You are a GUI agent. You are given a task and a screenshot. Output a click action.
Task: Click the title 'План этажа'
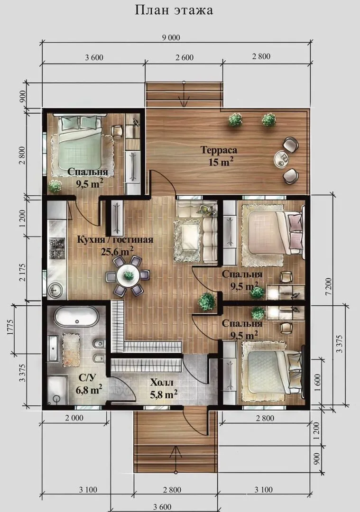[x=174, y=10]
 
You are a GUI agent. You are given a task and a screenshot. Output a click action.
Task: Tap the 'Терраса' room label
[x=219, y=150]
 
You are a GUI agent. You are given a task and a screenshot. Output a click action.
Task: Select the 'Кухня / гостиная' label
[x=115, y=240]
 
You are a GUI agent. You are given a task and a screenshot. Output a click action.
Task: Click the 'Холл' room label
[x=162, y=383]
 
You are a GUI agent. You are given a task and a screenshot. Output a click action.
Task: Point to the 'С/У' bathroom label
[x=88, y=378]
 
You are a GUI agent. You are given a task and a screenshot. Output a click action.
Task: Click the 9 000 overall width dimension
[x=171, y=37]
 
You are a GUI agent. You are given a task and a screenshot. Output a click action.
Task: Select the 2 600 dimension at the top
[x=185, y=57]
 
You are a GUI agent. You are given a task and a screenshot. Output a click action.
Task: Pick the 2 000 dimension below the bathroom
[x=74, y=418]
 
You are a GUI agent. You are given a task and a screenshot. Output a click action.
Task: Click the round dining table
[x=128, y=275]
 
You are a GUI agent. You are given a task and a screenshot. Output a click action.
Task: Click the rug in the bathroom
[x=71, y=349]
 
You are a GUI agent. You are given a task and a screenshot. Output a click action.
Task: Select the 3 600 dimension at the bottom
[x=162, y=507]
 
